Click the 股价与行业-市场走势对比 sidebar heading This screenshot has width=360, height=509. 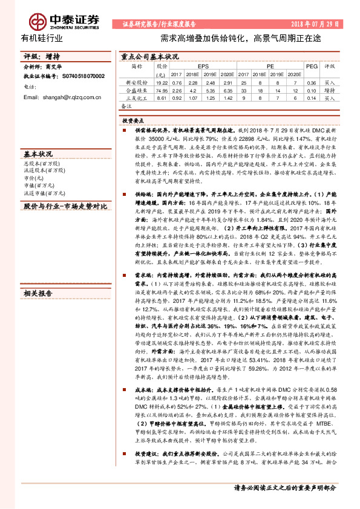tap(65, 206)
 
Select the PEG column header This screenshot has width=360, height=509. tap(311, 65)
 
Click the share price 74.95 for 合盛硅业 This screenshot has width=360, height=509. tap(161, 89)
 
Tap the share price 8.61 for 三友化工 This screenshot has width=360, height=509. tap(161, 97)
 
